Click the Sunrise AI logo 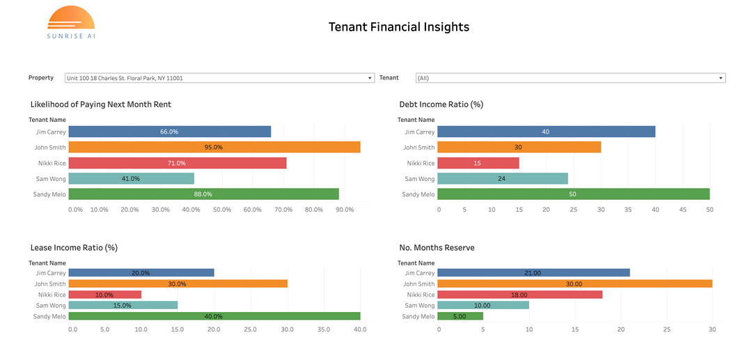(71, 22)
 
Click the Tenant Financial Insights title (399, 27)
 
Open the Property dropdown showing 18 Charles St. (219, 78)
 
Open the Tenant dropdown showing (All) (570, 78)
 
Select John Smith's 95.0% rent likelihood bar (214, 147)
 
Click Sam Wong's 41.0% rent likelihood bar (132, 178)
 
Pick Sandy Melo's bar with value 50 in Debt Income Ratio (574, 194)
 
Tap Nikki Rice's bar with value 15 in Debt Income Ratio (478, 163)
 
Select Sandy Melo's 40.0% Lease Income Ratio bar (214, 315)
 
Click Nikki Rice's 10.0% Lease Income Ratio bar (105, 295)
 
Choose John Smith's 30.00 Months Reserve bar (575, 283)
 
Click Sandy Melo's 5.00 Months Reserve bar (460, 315)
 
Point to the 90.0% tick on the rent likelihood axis (345, 209)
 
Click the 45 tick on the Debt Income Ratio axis (683, 209)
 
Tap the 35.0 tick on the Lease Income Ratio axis (324, 329)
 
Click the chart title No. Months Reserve (437, 247)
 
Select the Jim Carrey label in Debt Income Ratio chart (419, 132)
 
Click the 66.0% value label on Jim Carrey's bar (169, 132)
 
